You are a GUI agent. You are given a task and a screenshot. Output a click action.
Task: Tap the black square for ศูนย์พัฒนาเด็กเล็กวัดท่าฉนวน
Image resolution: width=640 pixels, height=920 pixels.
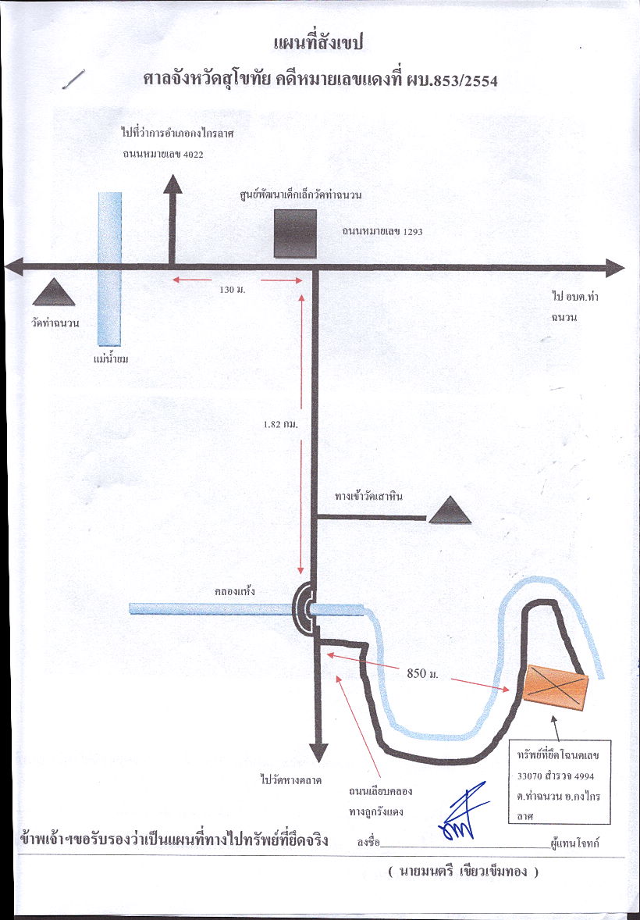(x=295, y=234)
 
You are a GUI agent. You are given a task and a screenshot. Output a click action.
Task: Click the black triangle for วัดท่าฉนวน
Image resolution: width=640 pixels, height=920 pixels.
(x=53, y=292)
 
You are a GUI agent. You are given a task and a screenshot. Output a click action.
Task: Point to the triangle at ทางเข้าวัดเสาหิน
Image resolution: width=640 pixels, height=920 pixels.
(x=450, y=510)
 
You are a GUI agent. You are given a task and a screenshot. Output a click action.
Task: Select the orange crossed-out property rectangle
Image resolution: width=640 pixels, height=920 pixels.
(x=555, y=687)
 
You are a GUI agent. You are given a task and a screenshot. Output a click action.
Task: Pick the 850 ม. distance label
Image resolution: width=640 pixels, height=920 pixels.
(x=422, y=673)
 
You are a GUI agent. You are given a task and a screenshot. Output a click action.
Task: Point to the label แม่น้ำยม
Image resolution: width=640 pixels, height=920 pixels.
(x=111, y=358)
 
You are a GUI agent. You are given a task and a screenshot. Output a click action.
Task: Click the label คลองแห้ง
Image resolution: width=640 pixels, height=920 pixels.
(x=235, y=591)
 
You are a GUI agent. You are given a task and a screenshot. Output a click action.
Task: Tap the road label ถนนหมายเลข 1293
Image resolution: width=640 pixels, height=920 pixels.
(x=382, y=232)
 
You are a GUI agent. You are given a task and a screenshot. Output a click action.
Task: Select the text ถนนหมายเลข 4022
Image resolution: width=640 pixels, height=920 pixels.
(x=163, y=155)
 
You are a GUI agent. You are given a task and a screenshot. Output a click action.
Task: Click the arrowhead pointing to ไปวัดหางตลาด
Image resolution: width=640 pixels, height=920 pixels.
(x=318, y=752)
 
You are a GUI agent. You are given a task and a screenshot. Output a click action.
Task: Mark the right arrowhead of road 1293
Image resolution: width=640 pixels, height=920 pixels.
(x=614, y=268)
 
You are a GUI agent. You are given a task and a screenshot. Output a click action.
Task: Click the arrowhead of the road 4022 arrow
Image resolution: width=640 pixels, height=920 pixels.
(x=172, y=184)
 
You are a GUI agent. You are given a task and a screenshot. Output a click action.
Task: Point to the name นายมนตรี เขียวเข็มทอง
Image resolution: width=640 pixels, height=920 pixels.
(x=463, y=872)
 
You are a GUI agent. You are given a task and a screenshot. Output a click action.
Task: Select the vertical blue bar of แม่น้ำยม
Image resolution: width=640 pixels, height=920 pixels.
(x=110, y=269)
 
